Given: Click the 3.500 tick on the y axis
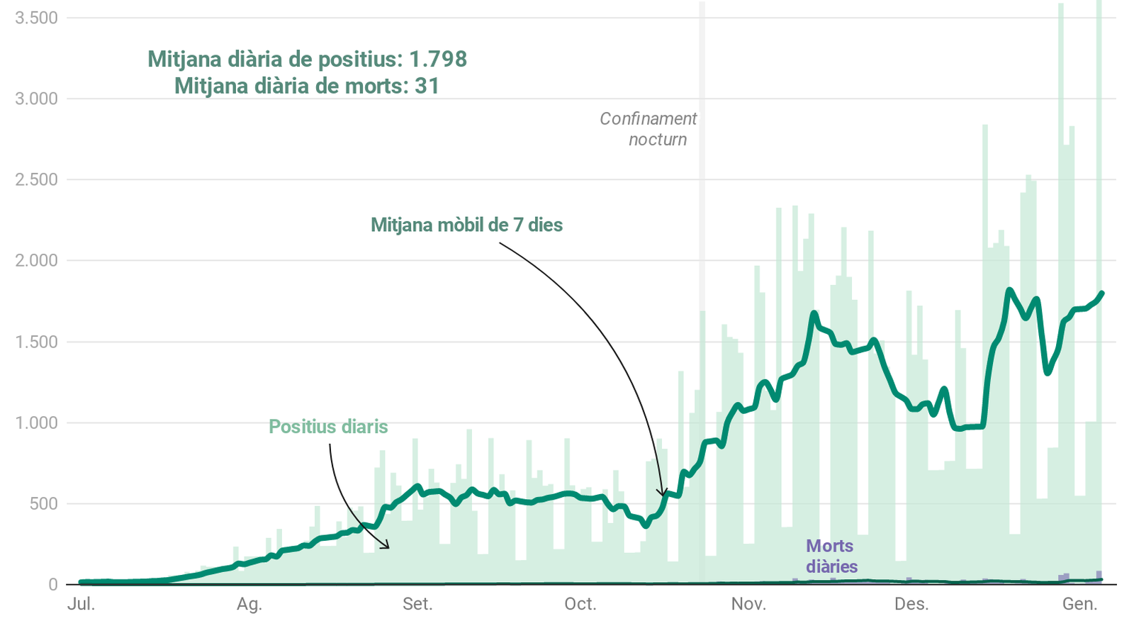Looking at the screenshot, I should [36, 18].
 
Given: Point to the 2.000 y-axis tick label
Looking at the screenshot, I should [36, 261].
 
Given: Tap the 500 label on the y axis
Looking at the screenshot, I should [43, 504].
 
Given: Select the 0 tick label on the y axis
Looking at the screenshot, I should [52, 585].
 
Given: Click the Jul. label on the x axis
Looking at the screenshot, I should [81, 605].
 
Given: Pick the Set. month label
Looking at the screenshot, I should [417, 605].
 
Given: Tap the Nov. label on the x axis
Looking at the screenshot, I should [748, 605].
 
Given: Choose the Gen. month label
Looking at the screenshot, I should [1079, 605].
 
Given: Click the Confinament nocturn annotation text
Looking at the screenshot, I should [649, 129].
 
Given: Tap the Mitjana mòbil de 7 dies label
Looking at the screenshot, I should [466, 225].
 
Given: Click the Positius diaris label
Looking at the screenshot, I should [328, 427].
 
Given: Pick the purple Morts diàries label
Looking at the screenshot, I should [831, 556].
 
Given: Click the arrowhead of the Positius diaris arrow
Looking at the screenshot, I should [388, 547].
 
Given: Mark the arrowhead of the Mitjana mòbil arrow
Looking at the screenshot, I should [662, 495].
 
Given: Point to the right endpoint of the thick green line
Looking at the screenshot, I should [1102, 293].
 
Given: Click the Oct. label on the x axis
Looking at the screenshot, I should [580, 605].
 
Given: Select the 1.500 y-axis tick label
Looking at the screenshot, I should [36, 342].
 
